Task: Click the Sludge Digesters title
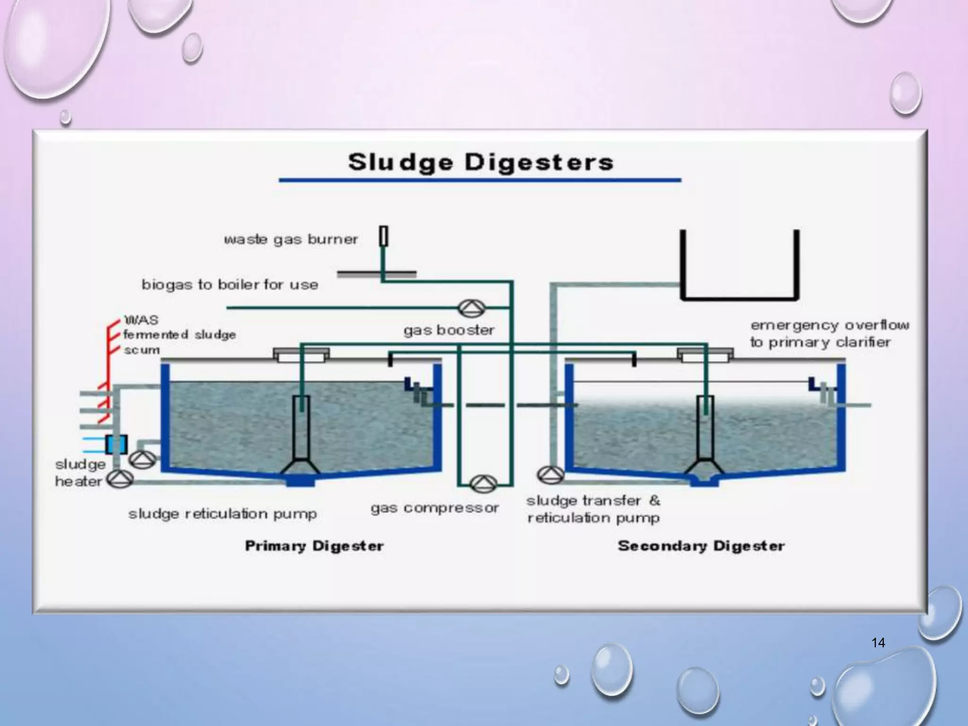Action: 481,162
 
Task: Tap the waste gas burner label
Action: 291,239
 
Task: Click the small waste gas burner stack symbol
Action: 384,236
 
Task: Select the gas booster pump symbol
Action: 471,309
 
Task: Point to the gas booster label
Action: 449,330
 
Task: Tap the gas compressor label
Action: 434,508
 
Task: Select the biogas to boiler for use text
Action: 230,285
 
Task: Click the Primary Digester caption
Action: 314,546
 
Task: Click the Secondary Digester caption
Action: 701,546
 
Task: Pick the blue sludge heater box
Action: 116,444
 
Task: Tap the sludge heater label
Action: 79,473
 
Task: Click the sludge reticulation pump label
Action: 222,514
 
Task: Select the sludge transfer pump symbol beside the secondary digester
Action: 551,475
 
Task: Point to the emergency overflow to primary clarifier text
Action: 829,334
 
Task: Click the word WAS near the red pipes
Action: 141,320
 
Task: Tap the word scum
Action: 141,350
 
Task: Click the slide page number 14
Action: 878,642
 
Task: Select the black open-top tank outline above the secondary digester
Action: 739,298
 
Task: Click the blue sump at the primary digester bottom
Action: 300,481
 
